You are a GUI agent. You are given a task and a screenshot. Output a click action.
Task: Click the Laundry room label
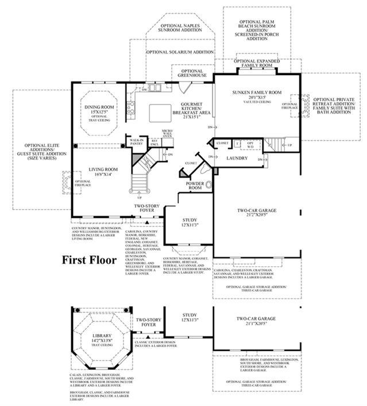point(237,158)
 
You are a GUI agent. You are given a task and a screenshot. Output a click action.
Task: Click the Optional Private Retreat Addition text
point(335,106)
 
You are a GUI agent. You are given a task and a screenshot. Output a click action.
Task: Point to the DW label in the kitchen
point(144,90)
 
